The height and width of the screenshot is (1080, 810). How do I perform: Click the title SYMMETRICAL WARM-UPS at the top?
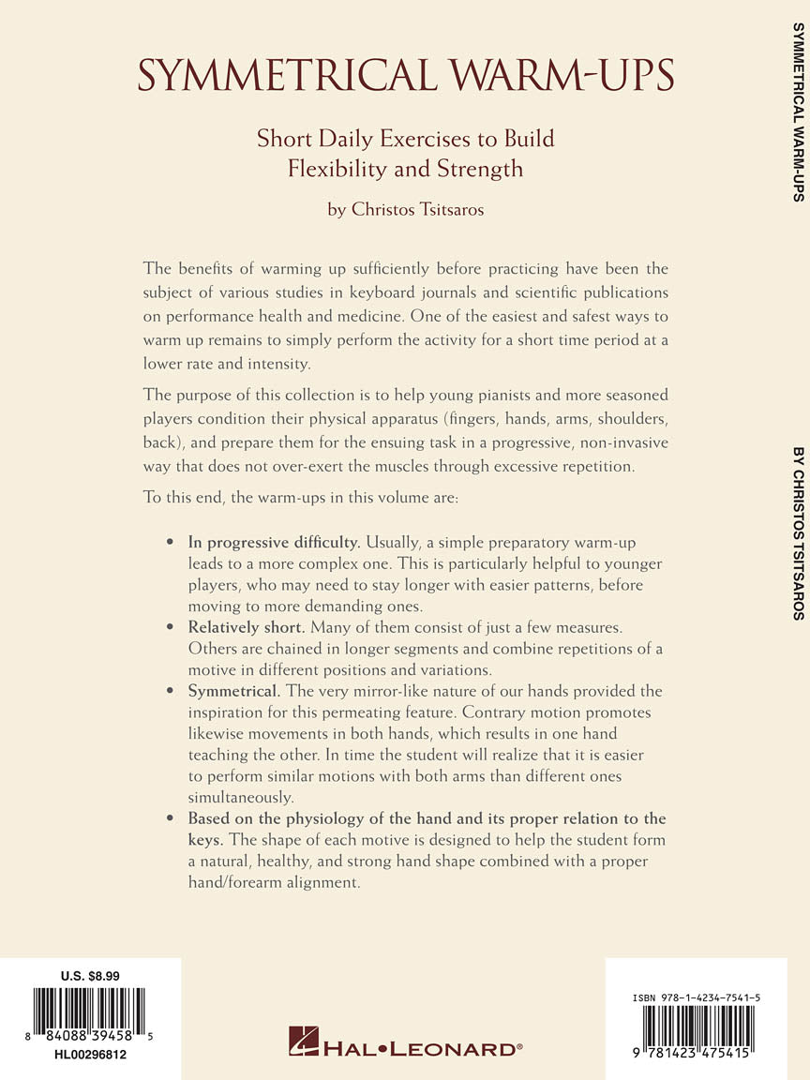point(405,74)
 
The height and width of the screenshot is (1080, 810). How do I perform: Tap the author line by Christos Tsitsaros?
point(405,209)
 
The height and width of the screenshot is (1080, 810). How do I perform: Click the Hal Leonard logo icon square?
point(304,1042)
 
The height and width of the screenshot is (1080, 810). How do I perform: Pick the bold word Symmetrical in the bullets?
point(233,691)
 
